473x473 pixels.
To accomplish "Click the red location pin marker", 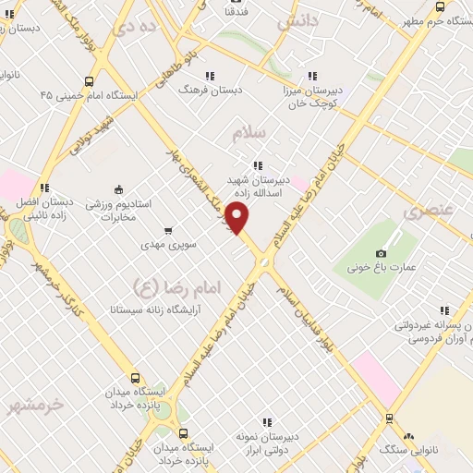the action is (237, 219).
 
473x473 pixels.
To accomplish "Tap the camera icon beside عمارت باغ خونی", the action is (381, 254).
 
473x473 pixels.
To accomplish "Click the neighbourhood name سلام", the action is (247, 133).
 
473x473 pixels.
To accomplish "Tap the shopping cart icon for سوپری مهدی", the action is (167, 231).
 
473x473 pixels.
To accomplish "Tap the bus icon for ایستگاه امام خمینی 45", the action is (89, 80).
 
